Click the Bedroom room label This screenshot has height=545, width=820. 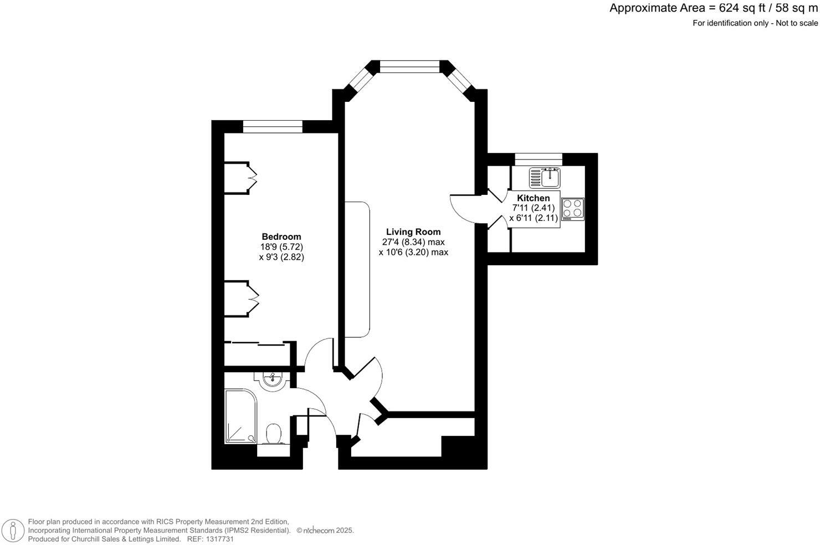coord(281,236)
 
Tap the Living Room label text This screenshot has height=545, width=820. coord(413,232)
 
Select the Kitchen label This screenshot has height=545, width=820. coord(533,198)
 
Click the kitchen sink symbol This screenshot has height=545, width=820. coord(545,178)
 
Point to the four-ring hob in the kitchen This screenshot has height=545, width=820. coord(573,209)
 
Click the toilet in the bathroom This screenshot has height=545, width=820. coord(274,433)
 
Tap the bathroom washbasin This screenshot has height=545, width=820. coord(271,380)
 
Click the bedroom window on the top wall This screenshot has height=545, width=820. coord(273,127)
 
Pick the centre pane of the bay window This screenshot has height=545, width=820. coord(410,66)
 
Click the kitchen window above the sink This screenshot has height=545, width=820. coord(539,160)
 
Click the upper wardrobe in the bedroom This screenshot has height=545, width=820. coord(239,177)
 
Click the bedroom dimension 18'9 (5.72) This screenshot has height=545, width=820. coord(281,247)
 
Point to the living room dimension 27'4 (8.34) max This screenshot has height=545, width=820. coord(413,242)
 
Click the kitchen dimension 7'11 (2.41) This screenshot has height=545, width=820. coord(534,208)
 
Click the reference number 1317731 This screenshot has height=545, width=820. coord(219,539)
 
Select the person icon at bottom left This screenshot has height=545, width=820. coord(12,531)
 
